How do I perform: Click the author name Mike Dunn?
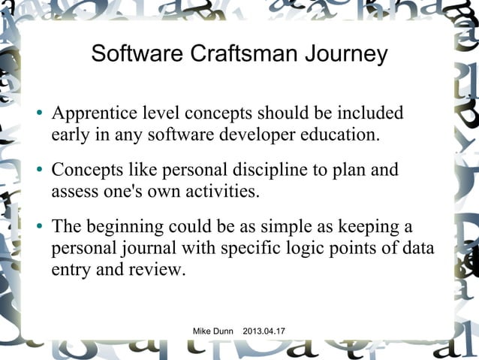pyautogui.click(x=214, y=331)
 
